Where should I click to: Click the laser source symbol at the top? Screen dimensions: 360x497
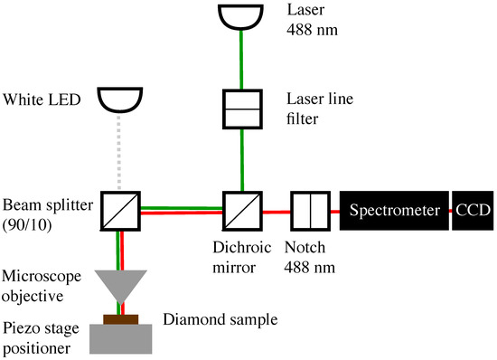click(239, 15)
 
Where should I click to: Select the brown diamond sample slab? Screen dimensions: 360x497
click(119, 317)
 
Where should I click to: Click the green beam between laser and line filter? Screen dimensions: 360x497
click(239, 60)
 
